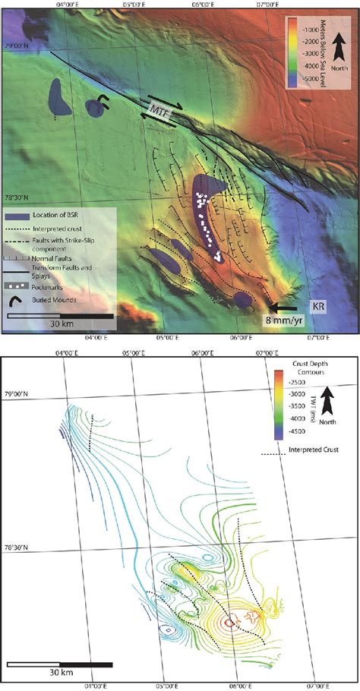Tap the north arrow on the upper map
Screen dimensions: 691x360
(341, 57)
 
